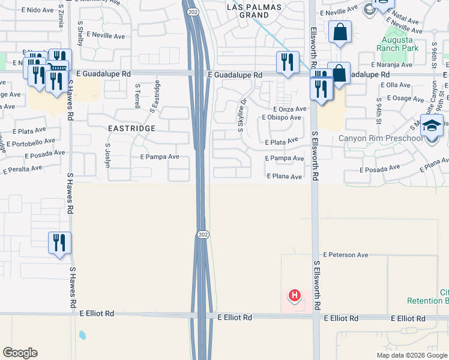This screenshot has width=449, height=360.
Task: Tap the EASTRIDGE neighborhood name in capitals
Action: (x=131, y=128)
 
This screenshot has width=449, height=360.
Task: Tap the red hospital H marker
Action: (x=294, y=295)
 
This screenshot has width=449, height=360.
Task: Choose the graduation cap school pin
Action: (x=432, y=127)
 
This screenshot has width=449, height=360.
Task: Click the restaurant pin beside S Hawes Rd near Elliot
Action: (x=59, y=243)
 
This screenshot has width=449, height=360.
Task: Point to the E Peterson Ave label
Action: (x=345, y=255)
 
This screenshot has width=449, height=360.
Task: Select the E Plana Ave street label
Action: (x=284, y=176)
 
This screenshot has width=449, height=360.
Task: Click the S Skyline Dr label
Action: (x=243, y=115)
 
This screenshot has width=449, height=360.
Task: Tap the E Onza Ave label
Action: (x=289, y=109)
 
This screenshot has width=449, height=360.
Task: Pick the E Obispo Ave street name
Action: (x=282, y=118)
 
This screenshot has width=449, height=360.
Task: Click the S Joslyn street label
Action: (x=108, y=154)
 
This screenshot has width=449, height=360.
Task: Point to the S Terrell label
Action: (x=137, y=95)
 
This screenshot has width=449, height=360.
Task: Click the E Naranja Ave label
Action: (x=392, y=64)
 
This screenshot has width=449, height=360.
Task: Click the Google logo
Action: (x=20, y=353)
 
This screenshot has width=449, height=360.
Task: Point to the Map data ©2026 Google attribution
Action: (x=411, y=355)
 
